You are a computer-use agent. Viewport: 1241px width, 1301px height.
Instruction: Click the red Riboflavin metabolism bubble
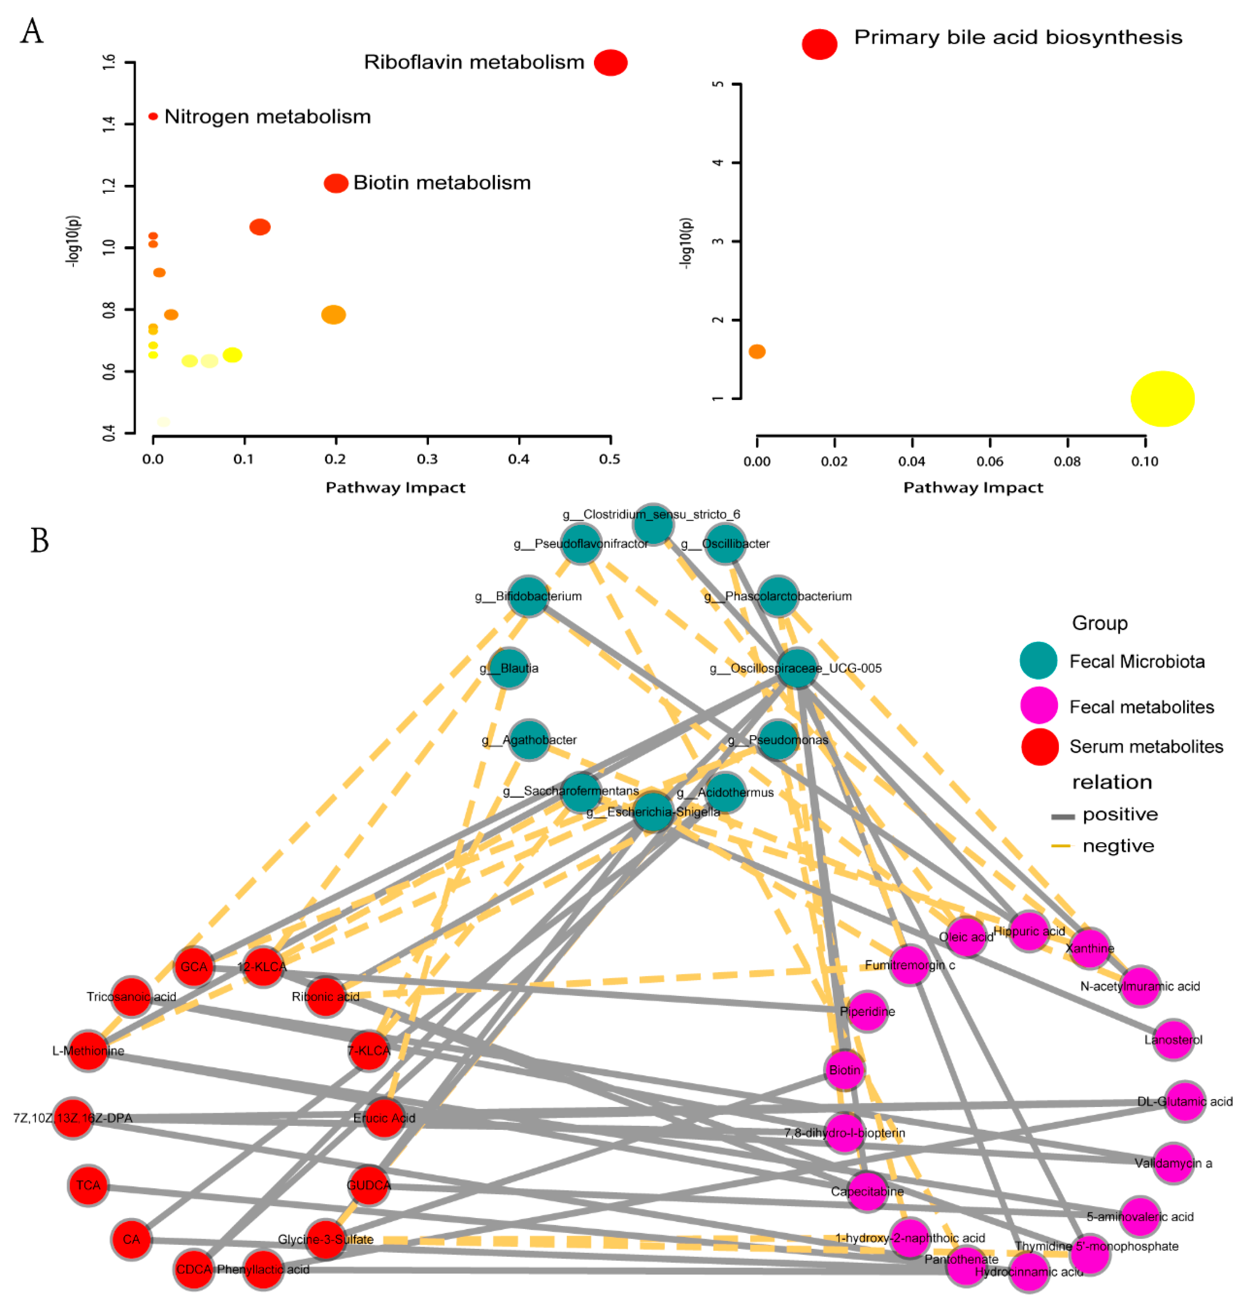coord(610,63)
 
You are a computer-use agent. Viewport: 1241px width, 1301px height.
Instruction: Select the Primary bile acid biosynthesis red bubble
coord(819,44)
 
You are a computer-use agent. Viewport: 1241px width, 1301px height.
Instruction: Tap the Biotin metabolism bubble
coord(336,183)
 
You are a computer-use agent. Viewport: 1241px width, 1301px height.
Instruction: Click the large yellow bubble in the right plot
coord(1162,399)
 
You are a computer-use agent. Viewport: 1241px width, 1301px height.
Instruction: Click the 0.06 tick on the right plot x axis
coord(989,461)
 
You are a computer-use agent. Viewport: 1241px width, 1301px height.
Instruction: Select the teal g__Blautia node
coord(509,668)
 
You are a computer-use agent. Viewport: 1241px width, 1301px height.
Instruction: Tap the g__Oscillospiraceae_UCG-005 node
coord(797,668)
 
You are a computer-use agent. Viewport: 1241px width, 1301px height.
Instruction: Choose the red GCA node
coord(194,967)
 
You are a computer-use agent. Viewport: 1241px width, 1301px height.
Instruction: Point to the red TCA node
coord(88,1185)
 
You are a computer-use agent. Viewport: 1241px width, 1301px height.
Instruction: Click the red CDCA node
coord(194,1269)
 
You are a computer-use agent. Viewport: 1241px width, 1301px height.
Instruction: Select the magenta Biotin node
coord(845,1070)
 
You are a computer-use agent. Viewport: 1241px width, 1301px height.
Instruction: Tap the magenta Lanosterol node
coord(1173,1040)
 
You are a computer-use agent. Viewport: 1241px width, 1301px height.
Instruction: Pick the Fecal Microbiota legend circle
coord(1038,661)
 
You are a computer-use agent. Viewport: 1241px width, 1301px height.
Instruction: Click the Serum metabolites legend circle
coord(1039,747)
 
